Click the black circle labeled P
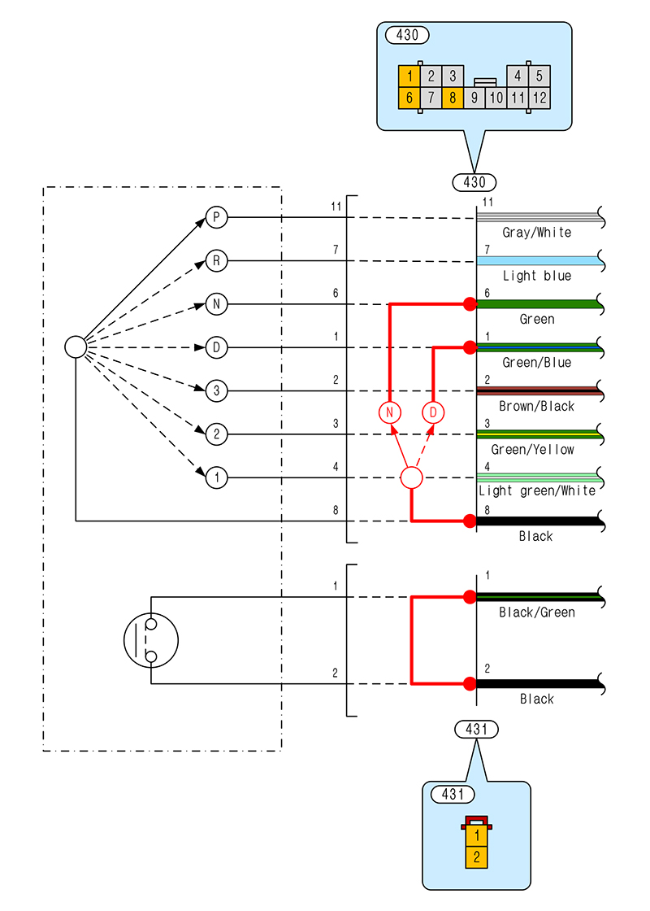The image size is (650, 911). pos(216,217)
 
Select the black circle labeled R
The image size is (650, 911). pos(216,261)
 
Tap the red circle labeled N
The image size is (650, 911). pos(390,412)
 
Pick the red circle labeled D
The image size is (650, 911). pos(433,412)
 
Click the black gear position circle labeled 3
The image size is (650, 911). pos(216,391)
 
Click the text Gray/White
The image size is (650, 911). pos(536,233)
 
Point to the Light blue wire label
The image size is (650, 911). pos(536,276)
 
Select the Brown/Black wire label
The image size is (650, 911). pos(536,406)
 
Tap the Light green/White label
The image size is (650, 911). pos(536,490)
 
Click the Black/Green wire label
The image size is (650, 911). pos(536,612)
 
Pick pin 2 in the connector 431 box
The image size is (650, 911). pos(476,857)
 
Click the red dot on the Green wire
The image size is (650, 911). pos(469,304)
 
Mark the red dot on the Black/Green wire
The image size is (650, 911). pos(469,597)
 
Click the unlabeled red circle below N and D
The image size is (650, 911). pos(412,478)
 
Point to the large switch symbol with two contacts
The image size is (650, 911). pos(151,640)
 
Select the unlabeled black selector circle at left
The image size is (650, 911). pos(76,347)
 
